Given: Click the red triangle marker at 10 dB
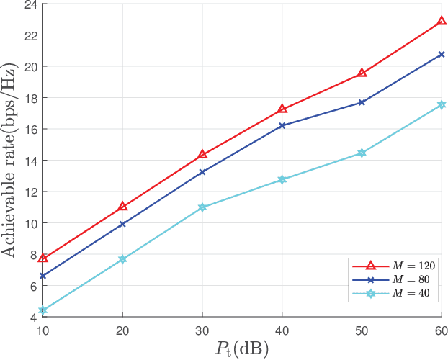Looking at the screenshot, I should point(42,258).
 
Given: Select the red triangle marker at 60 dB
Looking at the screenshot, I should point(442,22).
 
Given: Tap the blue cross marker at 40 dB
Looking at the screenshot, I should point(282,125).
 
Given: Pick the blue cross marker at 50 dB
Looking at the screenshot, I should point(362,102).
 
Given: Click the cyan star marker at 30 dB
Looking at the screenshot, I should point(202,207).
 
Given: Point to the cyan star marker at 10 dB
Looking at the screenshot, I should point(42,310).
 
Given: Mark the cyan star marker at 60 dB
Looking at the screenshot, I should point(442,105).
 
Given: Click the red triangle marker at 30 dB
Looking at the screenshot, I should point(202,155).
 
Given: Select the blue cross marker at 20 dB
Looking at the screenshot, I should point(122,224).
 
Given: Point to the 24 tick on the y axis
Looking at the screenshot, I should point(30,4).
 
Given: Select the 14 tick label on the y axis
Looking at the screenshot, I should point(30,161).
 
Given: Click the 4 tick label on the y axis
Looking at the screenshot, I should point(33,317).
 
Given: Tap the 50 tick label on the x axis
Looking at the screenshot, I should point(362,328).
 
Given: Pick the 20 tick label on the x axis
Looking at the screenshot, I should point(122,328).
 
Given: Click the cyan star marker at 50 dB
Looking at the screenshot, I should point(362,153).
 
